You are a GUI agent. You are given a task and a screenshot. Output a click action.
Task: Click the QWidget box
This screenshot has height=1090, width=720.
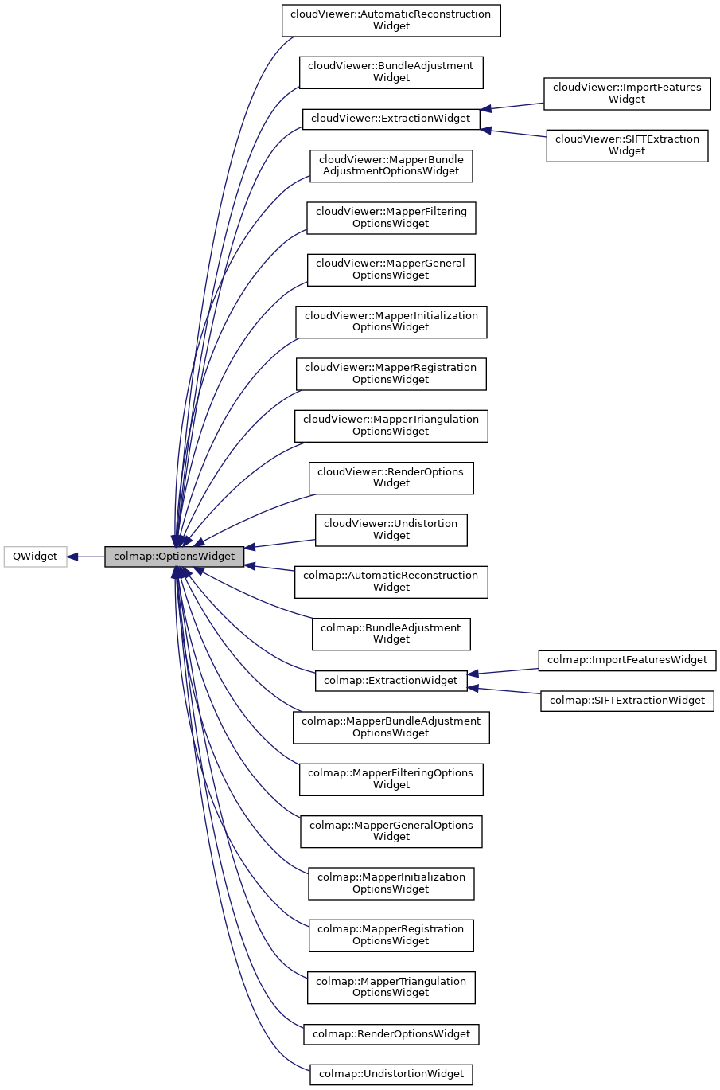35,557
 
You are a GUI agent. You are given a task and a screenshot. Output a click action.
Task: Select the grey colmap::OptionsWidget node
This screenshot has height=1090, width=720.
173,557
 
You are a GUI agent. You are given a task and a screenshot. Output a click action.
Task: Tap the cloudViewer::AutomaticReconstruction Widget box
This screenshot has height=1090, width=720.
391,20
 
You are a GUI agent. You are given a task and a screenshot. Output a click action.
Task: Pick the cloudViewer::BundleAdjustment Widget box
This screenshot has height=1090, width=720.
391,72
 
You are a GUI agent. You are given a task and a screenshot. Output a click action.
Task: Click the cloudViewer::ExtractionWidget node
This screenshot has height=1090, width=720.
391,119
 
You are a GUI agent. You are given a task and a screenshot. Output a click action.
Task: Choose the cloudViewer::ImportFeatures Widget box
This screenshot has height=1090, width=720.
626,93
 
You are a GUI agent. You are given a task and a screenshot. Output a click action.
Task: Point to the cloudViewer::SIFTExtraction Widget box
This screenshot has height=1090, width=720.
626,145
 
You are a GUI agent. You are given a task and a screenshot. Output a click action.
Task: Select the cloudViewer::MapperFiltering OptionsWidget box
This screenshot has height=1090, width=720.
391,217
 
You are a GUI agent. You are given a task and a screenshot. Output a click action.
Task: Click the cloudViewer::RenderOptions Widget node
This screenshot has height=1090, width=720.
391,478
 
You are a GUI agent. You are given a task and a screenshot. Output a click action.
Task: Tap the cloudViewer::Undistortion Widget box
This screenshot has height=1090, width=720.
391,529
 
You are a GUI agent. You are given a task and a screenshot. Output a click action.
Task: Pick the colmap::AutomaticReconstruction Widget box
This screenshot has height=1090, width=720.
391,581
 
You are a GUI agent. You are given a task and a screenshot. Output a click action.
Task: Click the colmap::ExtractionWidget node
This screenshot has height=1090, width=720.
391,681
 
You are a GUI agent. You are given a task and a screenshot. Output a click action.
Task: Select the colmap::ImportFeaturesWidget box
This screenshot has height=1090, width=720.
627,660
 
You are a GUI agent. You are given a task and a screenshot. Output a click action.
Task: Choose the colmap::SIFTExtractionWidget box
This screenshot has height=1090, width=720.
627,701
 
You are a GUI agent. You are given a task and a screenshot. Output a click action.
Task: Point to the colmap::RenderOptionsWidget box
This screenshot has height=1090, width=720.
391,1034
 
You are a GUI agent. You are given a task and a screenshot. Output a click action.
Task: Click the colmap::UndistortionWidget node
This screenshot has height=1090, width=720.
391,1074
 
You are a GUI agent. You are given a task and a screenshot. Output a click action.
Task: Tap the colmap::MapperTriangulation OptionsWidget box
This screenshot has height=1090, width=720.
391,987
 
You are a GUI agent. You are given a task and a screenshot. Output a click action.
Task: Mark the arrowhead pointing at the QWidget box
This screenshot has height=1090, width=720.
73,557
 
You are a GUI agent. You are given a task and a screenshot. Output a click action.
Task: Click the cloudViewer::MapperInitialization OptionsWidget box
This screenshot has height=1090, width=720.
391,322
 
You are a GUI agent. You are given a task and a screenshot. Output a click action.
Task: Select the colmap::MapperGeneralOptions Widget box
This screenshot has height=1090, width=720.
391,831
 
